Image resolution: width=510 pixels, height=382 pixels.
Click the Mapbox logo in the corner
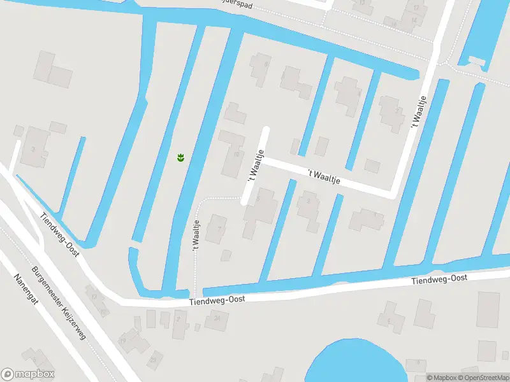pyautogui.click(x=28, y=374)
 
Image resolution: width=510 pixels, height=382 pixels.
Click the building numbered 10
pyautogui.click(x=233, y=153)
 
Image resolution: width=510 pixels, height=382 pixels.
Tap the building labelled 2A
pyautogui.click(x=217, y=319)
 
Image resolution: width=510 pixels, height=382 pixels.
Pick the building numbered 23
pyautogui.click(x=153, y=360)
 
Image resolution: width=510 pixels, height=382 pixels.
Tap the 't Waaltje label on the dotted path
pyautogui.click(x=196, y=236)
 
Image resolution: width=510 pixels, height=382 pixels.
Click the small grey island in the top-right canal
pyautogui.click(x=476, y=60)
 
